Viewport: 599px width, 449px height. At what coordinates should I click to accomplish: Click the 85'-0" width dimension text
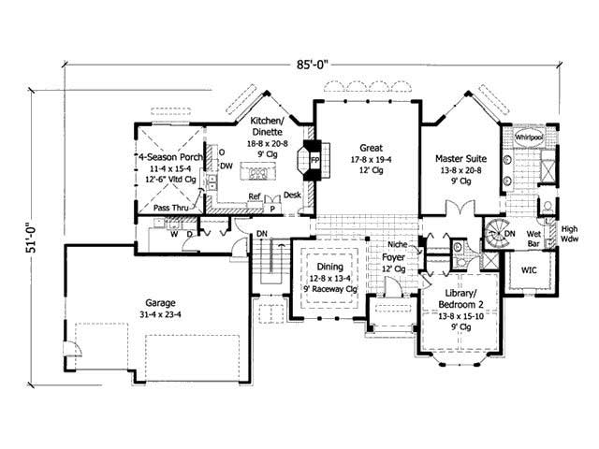pos(311,65)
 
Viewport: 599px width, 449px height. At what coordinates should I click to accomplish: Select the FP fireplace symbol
pos(315,161)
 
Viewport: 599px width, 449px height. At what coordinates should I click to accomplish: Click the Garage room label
pos(163,303)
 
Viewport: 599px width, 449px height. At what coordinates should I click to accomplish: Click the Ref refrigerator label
pos(254,197)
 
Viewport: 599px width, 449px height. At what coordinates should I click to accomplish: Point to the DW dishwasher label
pos(226,163)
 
